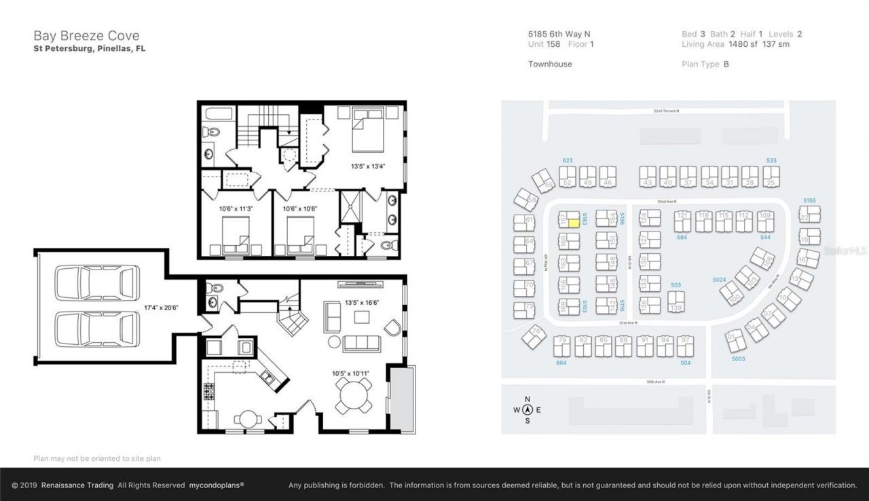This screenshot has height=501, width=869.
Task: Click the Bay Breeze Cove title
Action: (x=86, y=36)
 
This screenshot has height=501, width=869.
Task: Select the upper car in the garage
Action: (x=97, y=282)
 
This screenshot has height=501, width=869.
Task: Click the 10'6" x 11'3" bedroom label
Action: (x=236, y=208)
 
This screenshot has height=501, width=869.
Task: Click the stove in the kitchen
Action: (x=209, y=391)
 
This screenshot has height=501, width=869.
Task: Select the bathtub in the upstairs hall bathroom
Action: (x=218, y=113)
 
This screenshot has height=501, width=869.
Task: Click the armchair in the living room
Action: (x=394, y=329)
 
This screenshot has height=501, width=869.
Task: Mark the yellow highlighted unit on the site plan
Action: (x=573, y=220)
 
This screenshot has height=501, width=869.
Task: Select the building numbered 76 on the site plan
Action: (x=535, y=335)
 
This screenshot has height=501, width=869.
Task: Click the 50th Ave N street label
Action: (x=654, y=382)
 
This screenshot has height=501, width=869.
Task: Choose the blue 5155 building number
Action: (x=809, y=201)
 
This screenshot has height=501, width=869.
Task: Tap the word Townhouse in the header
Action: (x=550, y=64)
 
